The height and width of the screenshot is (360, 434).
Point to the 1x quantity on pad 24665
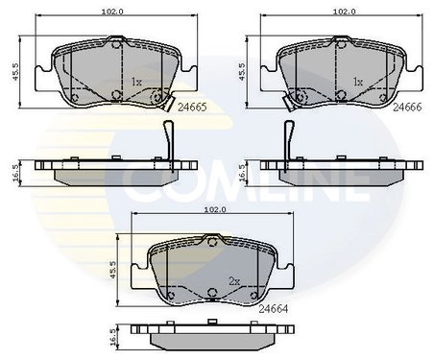pyautogui.click(x=136, y=83)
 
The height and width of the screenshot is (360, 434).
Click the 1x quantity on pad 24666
pyautogui.click(x=359, y=83)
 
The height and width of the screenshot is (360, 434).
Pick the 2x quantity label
pyautogui.click(x=233, y=281)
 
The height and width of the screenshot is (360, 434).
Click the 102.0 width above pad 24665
pyautogui.click(x=113, y=12)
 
